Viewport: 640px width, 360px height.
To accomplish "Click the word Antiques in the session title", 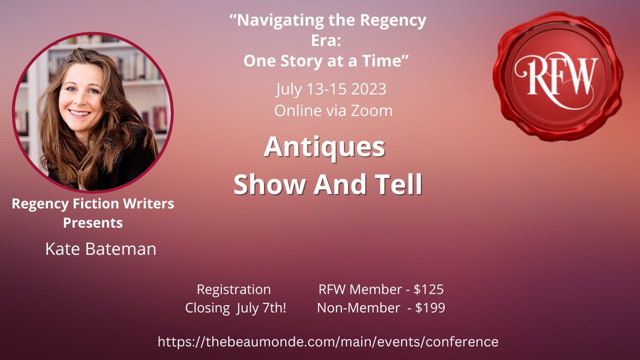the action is click(324, 148).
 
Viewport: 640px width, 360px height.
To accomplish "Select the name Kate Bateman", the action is click(101, 249).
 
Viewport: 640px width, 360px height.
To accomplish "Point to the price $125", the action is click(429, 290).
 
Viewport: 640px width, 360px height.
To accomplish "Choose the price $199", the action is click(430, 308).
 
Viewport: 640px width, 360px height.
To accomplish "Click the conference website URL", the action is click(328, 342).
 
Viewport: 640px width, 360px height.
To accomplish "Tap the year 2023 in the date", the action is click(369, 89).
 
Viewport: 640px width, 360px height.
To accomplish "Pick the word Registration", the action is click(234, 290).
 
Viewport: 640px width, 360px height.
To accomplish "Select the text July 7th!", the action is click(261, 308).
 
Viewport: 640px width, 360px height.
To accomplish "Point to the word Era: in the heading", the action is click(326, 41).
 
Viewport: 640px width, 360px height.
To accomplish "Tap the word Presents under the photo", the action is click(93, 223).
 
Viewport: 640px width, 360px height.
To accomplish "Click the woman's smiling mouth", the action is click(79, 113).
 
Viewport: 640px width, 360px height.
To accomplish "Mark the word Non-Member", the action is click(358, 308).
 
